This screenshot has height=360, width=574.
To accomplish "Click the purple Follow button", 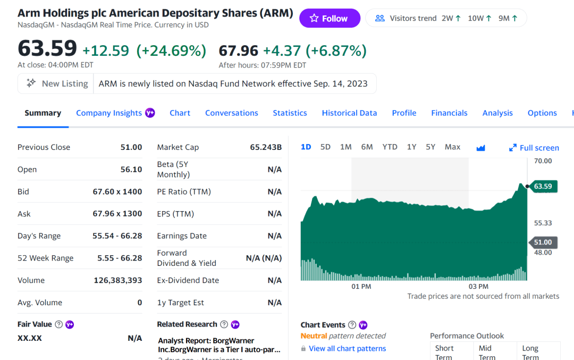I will click(x=330, y=19).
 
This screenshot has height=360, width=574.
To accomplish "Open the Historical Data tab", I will click(x=349, y=113).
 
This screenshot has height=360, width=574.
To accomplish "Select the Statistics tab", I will click(x=290, y=113).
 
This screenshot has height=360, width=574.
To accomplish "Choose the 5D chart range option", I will click(x=325, y=147).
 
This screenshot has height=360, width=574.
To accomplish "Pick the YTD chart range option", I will click(x=390, y=147).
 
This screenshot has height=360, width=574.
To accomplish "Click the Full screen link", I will click(x=534, y=148).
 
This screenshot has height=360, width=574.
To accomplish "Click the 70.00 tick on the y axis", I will click(x=543, y=161).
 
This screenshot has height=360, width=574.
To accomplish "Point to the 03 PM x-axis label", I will click(x=478, y=287).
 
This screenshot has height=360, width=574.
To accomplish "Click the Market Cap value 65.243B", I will click(x=266, y=147).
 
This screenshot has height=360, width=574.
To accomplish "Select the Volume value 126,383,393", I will click(x=117, y=280).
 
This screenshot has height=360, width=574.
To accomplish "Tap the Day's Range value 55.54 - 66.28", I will click(x=117, y=236).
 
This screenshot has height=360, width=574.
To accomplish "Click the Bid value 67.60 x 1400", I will click(x=117, y=191).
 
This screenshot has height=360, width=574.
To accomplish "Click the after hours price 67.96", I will click(x=238, y=51).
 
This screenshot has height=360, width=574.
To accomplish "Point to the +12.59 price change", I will click(x=106, y=51).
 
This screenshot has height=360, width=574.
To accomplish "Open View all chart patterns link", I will click(x=347, y=349).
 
